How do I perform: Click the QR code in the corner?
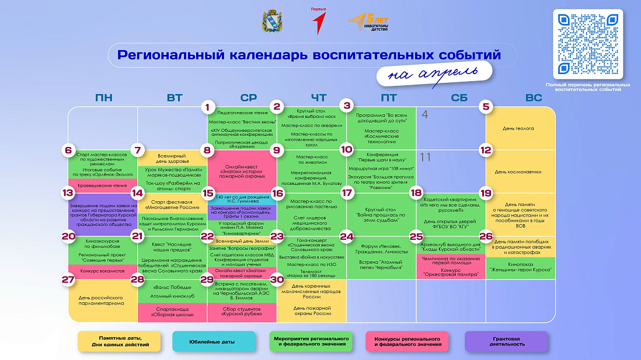588,44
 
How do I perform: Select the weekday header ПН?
103,98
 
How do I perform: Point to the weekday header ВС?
533,98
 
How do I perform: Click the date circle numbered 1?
207,107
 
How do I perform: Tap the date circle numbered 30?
277,279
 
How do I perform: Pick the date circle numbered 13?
68,193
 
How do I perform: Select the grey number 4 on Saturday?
425,114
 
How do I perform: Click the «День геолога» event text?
518,128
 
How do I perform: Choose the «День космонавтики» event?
518,172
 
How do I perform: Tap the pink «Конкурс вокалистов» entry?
103,271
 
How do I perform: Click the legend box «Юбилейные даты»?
214,341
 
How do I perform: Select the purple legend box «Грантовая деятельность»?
506,341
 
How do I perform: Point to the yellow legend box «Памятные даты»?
120,341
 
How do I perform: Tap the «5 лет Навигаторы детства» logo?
368,23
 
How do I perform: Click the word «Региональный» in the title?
168,55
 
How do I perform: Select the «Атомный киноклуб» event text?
172,296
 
